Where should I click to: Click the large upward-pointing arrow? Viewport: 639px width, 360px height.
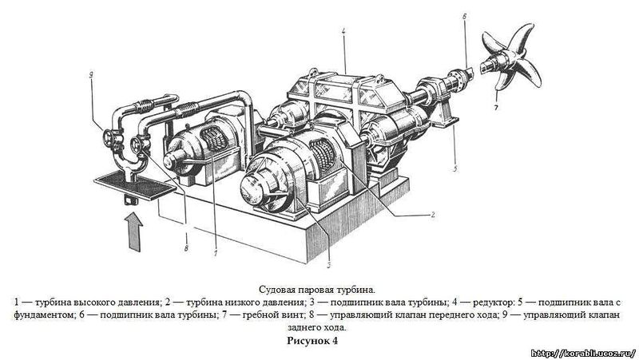133,232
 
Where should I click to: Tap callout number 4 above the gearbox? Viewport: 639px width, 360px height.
344,30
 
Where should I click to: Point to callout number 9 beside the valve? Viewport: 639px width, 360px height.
91,74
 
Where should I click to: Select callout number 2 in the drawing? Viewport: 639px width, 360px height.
433,215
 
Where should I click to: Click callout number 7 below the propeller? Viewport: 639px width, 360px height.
496,108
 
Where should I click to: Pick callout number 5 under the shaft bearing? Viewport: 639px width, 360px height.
455,168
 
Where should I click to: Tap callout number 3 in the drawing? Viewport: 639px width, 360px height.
328,265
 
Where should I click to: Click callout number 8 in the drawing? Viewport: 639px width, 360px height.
186,247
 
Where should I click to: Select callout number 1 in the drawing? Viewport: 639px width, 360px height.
216,252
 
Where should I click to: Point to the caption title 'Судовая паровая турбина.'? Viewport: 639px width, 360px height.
316,290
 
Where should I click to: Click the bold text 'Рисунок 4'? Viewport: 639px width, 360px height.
312,340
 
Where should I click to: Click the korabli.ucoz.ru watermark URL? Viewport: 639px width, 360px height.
584,353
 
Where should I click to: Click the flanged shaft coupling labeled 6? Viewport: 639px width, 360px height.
460,79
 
